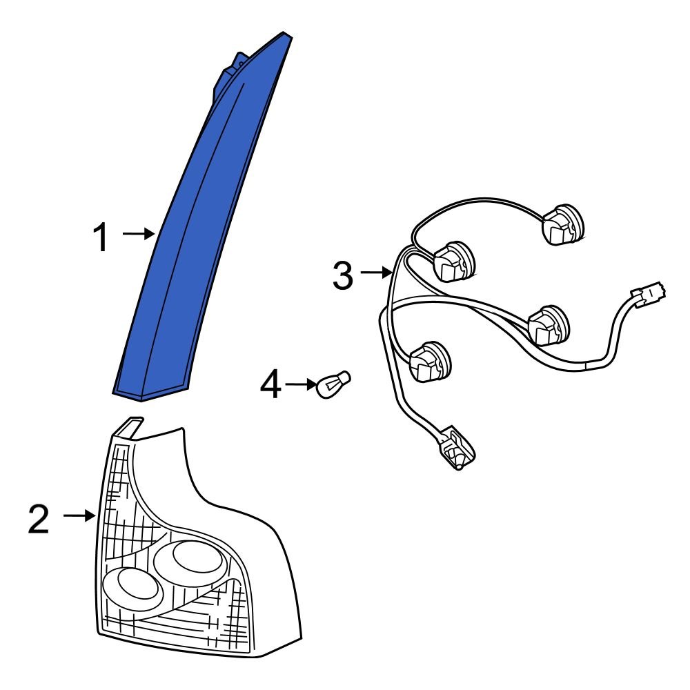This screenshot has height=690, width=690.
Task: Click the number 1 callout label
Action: pyautogui.click(x=101, y=237)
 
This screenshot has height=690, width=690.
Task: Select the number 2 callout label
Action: pyautogui.click(x=38, y=520)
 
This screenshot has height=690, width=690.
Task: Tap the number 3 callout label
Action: pyautogui.click(x=343, y=275)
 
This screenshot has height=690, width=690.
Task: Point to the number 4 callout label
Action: pyautogui.click(x=270, y=384)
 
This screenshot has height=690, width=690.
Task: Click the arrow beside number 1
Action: pyautogui.click(x=138, y=234)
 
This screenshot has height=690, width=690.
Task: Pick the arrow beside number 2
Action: pyautogui.click(x=79, y=515)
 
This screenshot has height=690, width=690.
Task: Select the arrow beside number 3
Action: pyautogui.click(x=376, y=273)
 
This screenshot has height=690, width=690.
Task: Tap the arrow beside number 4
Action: pyautogui.click(x=301, y=384)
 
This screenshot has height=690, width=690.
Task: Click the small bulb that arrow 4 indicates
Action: pyautogui.click(x=334, y=384)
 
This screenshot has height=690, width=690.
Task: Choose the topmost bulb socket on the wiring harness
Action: pyautogui.click(x=563, y=224)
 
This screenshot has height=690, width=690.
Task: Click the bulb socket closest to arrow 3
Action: pyautogui.click(x=455, y=261)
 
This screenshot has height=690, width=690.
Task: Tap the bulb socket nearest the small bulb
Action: pyautogui.click(x=430, y=362)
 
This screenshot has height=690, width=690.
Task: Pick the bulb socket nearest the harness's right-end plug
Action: pyautogui.click(x=549, y=325)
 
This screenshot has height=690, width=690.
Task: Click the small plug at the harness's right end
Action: pyautogui.click(x=649, y=293)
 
